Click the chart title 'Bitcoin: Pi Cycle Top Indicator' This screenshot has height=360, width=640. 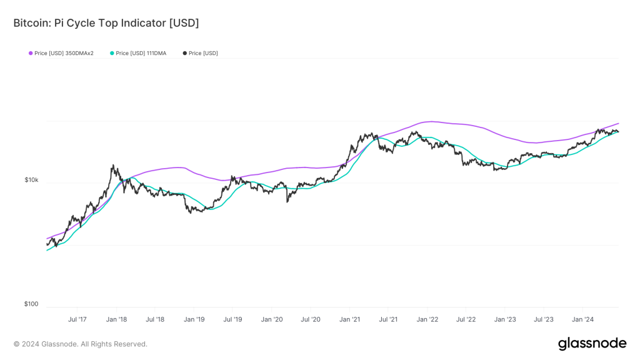coord(106,23)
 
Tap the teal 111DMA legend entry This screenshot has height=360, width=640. coord(138,53)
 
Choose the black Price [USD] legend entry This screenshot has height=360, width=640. coord(201,53)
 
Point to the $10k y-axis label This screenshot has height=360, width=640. coord(31,180)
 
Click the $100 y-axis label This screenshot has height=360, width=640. coord(31,304)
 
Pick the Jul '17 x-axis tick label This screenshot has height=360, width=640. coord(77,319)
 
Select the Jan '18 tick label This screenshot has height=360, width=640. coord(116,319)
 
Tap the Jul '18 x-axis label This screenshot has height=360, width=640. coord(155,319)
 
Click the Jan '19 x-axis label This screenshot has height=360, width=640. coord(194,319)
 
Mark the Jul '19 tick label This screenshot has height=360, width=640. coord(232,319)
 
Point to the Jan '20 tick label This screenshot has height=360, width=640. coord(271,319)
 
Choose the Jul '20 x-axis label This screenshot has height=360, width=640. coord(311,319)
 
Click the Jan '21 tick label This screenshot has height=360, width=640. coord(349,319)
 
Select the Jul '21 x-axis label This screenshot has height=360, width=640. coord(388,319)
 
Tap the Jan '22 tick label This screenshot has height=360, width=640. coord(427,319)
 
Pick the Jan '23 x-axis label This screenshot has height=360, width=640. coord(505,319)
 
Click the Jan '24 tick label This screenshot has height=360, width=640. coord(582,319)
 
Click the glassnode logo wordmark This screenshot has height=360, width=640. coord(591,344)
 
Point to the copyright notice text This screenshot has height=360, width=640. coord(81,344)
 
